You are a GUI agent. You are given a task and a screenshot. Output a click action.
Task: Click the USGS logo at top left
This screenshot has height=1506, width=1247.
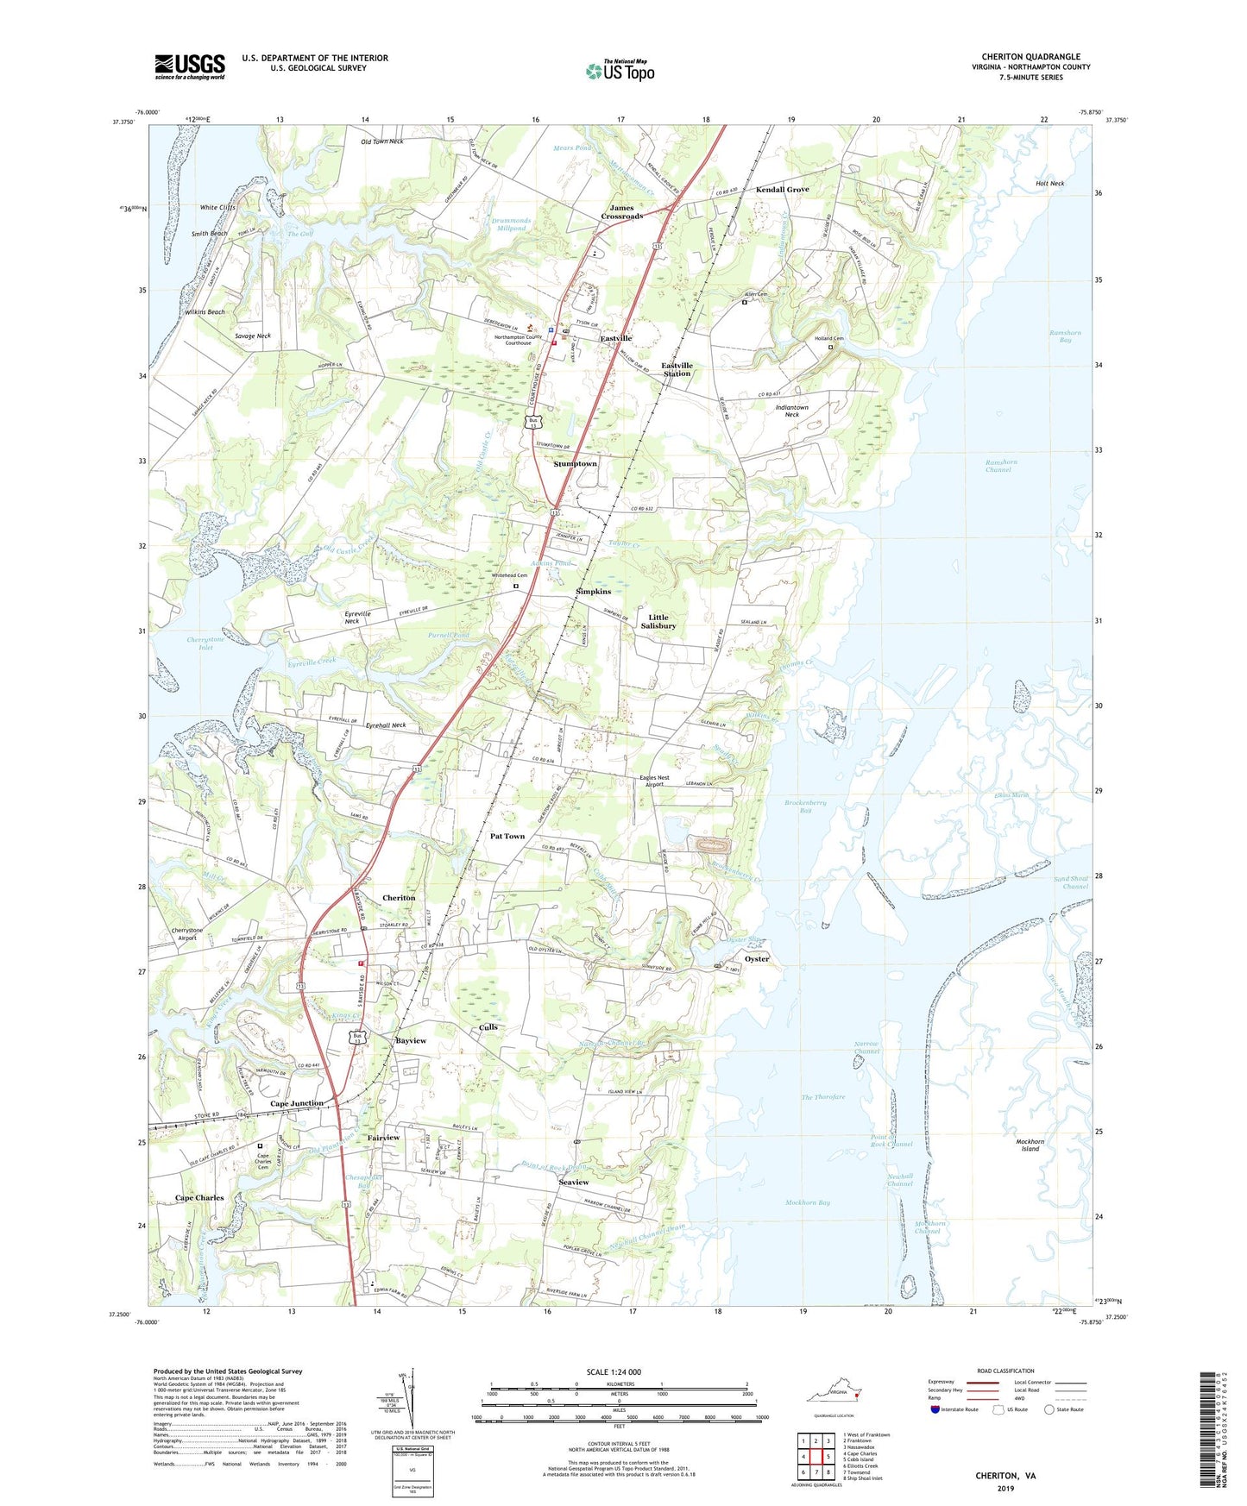tap(189, 66)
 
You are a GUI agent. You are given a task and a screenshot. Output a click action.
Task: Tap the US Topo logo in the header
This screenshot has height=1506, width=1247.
tap(620, 71)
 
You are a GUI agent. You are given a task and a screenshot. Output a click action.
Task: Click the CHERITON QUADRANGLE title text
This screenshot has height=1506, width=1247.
tap(1030, 57)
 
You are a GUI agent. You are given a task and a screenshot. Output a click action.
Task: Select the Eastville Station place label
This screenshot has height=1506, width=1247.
tap(677, 369)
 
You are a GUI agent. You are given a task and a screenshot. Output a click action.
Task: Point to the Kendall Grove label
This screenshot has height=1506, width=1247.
tap(782, 189)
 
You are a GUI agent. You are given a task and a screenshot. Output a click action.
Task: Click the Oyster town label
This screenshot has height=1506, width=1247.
tap(756, 959)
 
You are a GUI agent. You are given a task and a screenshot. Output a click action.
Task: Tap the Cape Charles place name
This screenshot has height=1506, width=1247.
tap(199, 1198)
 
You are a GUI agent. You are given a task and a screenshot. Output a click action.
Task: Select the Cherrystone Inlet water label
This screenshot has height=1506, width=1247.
tap(205, 643)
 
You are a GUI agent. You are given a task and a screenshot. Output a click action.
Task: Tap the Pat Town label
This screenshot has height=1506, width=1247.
tap(507, 836)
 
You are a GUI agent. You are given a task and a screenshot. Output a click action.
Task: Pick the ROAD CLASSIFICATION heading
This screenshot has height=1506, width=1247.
tap(1005, 1371)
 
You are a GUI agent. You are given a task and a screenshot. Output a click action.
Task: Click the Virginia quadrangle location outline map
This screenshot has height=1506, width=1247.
tap(834, 1396)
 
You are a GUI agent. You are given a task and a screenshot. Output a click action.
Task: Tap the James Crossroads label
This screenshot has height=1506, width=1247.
tap(621, 211)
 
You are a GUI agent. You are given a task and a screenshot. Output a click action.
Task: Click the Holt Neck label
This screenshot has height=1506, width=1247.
tap(1049, 184)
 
